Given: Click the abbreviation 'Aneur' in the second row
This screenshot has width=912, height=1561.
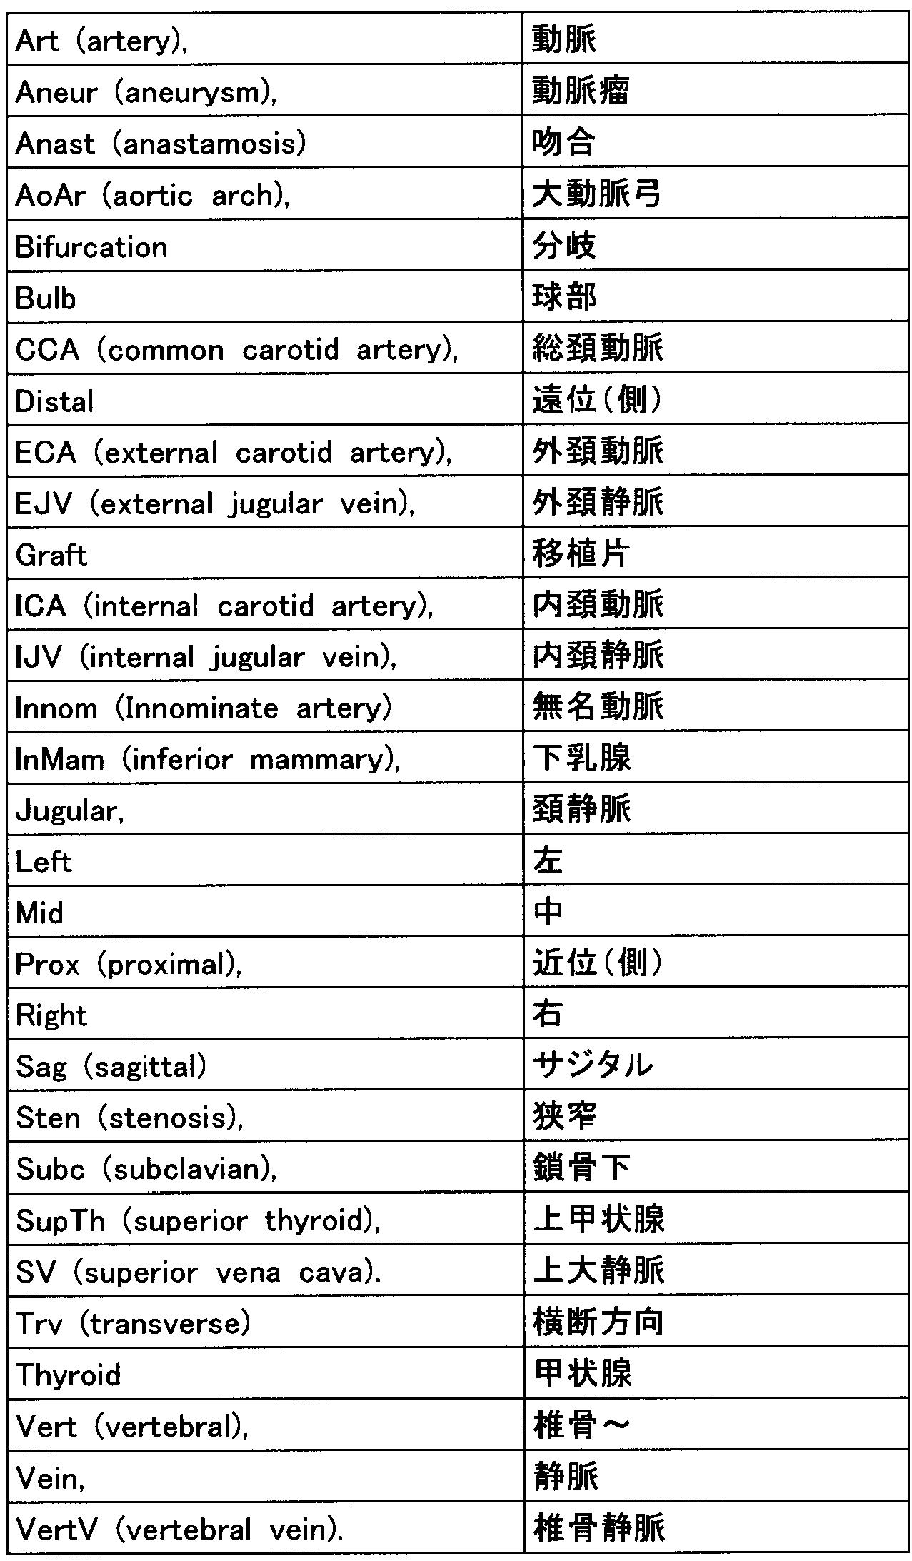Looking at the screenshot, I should click(56, 92).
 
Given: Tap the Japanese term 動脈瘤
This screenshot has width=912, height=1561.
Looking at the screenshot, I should click(580, 91).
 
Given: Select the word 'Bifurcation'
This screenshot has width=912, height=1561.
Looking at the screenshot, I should click(91, 247).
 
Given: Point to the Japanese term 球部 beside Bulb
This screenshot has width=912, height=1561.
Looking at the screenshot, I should click(564, 298).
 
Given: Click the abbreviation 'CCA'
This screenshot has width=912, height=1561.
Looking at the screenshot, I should click(47, 350).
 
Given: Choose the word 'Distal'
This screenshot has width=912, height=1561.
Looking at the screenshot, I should click(54, 401).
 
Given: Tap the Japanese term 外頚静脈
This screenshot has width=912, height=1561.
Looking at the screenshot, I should click(598, 503).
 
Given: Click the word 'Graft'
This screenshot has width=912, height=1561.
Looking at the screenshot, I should click(51, 555).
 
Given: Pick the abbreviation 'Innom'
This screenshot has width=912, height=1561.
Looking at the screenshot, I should click(56, 708).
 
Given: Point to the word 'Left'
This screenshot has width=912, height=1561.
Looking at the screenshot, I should click(44, 862).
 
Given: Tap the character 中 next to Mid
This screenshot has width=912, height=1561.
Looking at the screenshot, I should click(548, 912).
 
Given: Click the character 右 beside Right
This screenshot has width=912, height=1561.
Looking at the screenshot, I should click(548, 1014).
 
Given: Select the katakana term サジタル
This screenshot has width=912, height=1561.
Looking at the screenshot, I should click(593, 1065).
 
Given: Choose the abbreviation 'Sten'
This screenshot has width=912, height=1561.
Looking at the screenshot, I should click(48, 1118).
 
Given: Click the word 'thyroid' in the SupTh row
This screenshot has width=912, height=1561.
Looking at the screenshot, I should click(319, 1220).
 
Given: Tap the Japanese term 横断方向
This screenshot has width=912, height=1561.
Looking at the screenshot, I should click(598, 1322).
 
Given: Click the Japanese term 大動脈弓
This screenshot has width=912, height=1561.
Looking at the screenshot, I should click(596, 194).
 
